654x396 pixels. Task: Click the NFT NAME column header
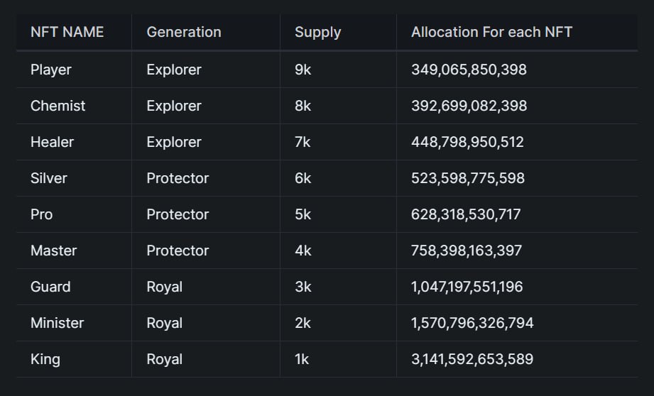(x=67, y=32)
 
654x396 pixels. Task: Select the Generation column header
(x=183, y=32)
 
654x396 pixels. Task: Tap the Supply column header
(x=317, y=32)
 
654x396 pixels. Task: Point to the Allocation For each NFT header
(x=491, y=32)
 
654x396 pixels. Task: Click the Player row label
(x=50, y=70)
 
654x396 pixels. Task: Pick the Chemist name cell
(x=58, y=106)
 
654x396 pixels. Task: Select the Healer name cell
(x=52, y=142)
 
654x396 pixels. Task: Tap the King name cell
(x=45, y=359)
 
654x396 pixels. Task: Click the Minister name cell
(x=57, y=323)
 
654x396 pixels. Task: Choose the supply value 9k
(x=303, y=70)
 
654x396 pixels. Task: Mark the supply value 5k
(x=303, y=214)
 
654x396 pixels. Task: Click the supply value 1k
(x=302, y=359)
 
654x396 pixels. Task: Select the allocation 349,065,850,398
(x=469, y=70)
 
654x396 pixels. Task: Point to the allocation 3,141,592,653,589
(x=472, y=359)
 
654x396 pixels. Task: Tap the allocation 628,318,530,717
(x=466, y=214)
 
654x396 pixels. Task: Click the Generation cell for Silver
(x=178, y=178)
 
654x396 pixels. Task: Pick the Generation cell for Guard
(x=164, y=287)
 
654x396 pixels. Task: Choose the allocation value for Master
(x=467, y=251)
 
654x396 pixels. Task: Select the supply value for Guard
(x=303, y=287)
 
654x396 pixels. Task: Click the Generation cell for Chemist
(x=173, y=106)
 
